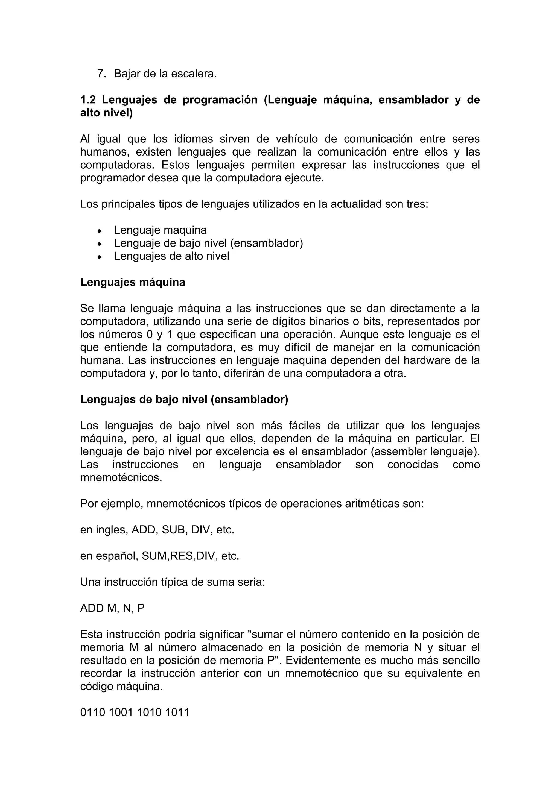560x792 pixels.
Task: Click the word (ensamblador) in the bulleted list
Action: tap(266, 243)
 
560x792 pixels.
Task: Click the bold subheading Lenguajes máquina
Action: tap(133, 282)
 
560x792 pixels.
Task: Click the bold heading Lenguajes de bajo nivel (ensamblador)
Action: tap(184, 400)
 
